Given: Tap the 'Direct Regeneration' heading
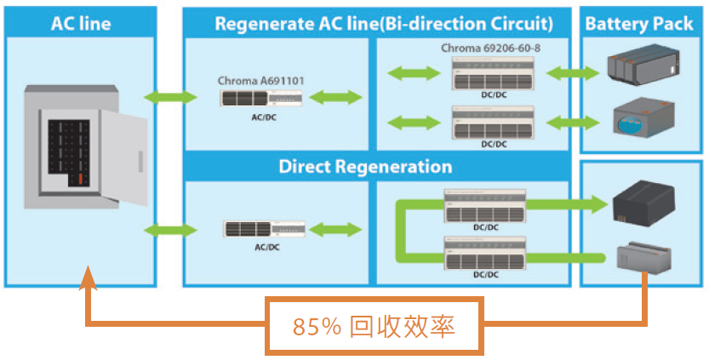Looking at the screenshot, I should click(365, 166).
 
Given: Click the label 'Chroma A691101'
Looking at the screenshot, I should click(261, 81).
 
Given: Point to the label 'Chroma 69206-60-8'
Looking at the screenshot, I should click(490, 48).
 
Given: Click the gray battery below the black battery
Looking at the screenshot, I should click(645, 256).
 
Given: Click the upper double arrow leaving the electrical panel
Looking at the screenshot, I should click(170, 97).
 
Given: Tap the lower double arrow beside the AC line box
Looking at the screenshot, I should click(170, 229).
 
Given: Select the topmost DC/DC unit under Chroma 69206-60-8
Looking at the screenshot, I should click(493, 75).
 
